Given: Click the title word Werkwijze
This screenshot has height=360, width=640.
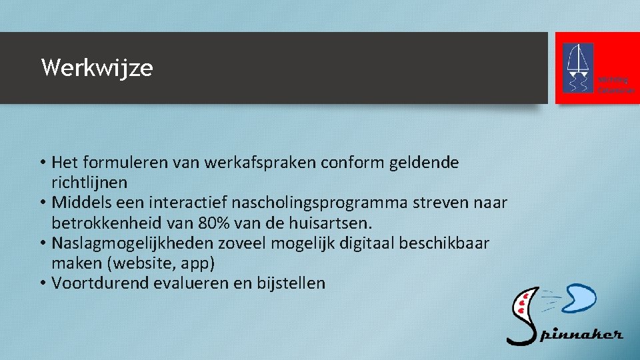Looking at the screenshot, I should pos(97,68).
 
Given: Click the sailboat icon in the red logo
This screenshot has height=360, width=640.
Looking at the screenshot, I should pos(578,67).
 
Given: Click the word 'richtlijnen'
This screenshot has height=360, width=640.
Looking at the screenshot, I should pos(89,182).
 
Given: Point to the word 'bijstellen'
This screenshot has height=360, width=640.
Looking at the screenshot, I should pos(292,283).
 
